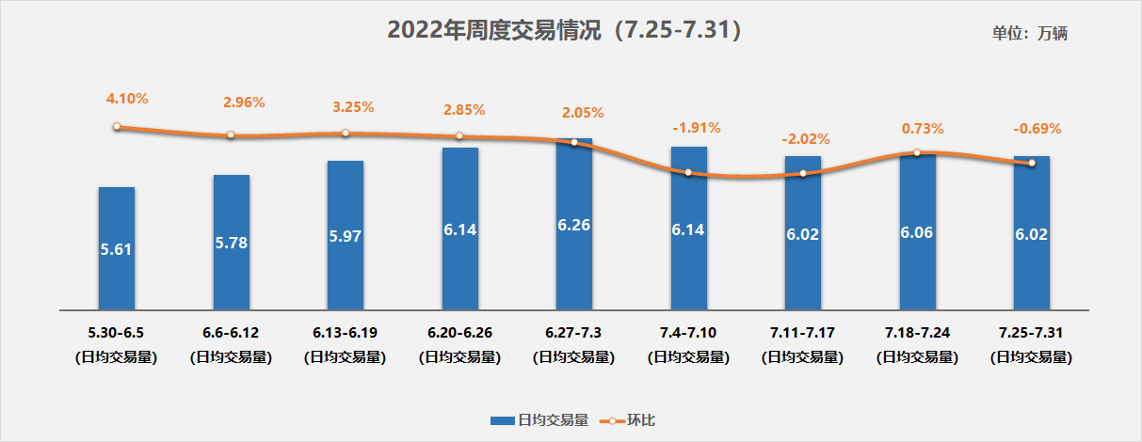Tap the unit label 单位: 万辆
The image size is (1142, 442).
pos(1029,33)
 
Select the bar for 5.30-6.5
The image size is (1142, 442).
pos(117,248)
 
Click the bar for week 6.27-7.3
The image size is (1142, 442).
pos(574,226)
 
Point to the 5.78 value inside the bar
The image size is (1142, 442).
pos(232,243)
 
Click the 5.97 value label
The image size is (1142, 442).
pos(346,235)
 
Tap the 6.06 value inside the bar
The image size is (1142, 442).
pos(917,232)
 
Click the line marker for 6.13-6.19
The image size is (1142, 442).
pos(346,134)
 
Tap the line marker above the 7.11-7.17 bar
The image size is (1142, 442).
pos(803,174)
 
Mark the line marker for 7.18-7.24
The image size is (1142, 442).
pos(917,152)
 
